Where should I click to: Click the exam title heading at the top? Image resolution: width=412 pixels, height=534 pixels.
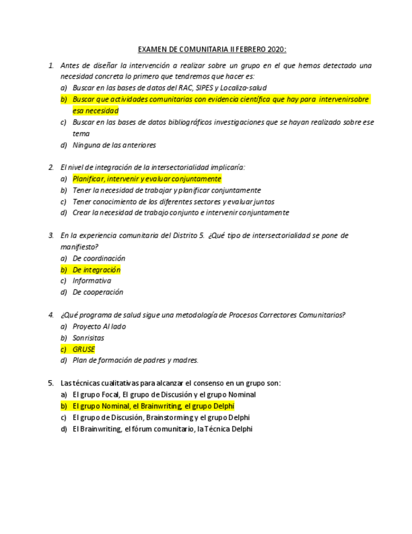[x=212, y=49]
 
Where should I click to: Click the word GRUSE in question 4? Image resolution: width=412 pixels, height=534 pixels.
[x=84, y=349]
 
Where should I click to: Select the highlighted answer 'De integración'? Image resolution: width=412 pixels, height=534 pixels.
[x=96, y=270]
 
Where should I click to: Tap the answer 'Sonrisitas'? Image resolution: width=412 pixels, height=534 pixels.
[x=89, y=338]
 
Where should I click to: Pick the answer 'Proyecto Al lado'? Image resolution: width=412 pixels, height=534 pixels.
[x=99, y=326]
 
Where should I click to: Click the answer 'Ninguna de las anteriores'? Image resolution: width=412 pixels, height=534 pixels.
[x=114, y=145]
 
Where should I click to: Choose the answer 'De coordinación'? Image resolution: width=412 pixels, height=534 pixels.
[x=99, y=258]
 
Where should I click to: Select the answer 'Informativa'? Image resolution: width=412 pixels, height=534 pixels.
[x=92, y=281]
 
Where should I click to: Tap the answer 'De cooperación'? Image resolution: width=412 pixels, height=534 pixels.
[x=98, y=292]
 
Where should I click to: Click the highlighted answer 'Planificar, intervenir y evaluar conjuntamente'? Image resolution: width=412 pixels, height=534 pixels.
[x=147, y=179]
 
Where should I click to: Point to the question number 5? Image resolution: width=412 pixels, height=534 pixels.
[x=51, y=383]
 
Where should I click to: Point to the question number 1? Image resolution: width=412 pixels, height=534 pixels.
[x=51, y=65]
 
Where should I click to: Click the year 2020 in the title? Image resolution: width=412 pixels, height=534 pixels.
[x=276, y=49]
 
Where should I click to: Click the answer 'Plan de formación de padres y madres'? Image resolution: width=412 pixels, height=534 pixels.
[x=135, y=360]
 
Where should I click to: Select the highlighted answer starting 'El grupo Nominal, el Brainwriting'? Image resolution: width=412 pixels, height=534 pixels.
[x=153, y=406]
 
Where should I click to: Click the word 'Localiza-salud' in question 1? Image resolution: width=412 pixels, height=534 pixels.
[x=235, y=88]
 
